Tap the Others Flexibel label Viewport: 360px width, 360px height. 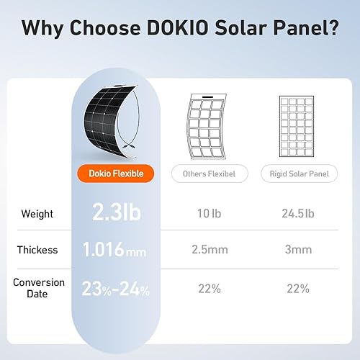(x=210, y=173)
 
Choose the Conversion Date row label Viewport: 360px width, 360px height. (x=39, y=288)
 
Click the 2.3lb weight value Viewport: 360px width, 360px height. (x=117, y=213)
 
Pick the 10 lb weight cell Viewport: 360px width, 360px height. (x=209, y=214)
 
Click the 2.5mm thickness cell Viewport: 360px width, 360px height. (x=209, y=251)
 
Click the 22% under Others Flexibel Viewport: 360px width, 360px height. (x=209, y=289)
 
